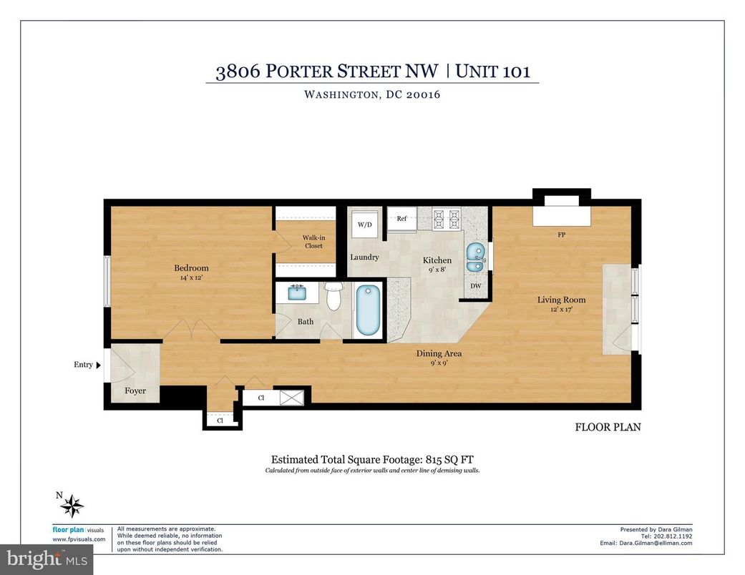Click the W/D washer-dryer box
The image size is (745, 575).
tap(365, 225)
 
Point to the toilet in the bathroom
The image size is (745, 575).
tap(333, 295)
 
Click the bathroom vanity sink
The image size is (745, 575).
tap(297, 293)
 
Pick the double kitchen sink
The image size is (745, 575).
tap(474, 257)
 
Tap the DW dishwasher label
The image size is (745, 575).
tap(476, 287)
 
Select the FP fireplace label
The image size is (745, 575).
tap(562, 235)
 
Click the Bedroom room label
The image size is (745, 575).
tap(191, 268)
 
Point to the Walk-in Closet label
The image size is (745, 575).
tap(313, 242)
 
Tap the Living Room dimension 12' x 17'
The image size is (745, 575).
tap(561, 310)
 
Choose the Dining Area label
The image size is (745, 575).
tap(439, 353)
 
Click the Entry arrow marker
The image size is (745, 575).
tap(99, 365)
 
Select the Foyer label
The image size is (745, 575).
tap(135, 391)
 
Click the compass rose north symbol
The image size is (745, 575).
tap(72, 506)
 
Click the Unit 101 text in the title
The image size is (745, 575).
tap(493, 72)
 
